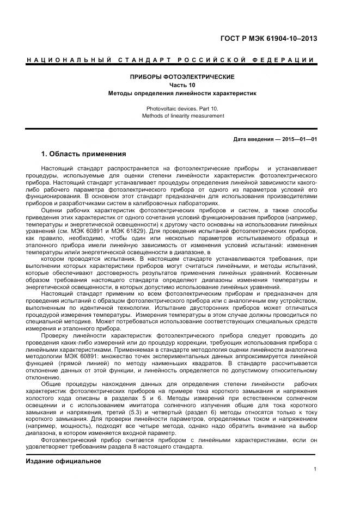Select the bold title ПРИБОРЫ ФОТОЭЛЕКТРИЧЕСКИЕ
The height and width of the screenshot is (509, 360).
click(182, 77)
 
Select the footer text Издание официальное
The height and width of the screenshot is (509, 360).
click(64, 461)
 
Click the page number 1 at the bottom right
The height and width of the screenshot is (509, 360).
click(315, 470)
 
